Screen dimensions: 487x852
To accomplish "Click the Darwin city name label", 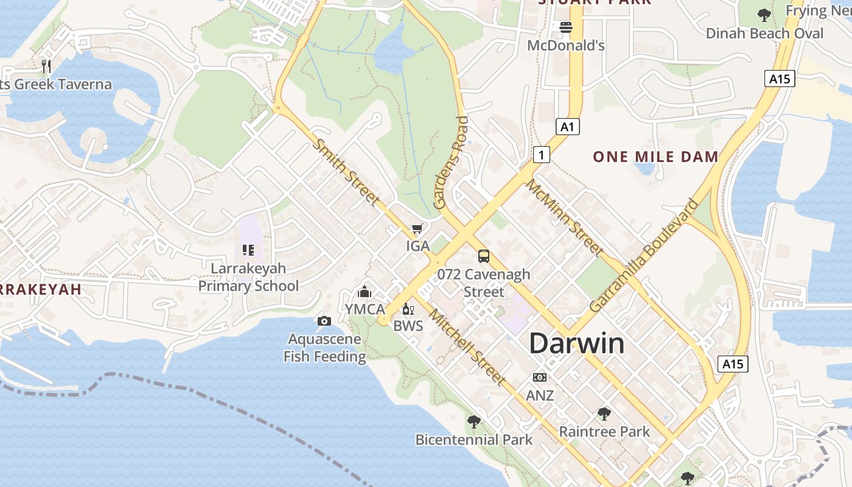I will (576, 343).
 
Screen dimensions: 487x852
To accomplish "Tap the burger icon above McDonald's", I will (566, 27).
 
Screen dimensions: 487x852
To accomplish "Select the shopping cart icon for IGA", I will (417, 229).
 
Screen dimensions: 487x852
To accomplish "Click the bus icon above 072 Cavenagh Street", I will (484, 256).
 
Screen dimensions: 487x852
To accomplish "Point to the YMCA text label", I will (365, 309).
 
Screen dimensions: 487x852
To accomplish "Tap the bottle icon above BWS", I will (408, 309).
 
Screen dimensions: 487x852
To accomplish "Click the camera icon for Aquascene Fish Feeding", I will (324, 321).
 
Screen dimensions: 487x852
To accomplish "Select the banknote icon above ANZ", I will (540, 377).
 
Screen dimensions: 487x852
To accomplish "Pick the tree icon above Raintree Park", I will (604, 414).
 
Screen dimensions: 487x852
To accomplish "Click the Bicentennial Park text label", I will (473, 440).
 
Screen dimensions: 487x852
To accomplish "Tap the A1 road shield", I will (567, 127).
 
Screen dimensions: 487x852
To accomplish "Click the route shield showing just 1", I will (541, 155).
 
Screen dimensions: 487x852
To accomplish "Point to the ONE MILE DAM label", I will (655, 156).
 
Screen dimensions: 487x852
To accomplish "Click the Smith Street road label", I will (346, 172).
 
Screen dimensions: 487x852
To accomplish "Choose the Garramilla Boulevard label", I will (644, 256).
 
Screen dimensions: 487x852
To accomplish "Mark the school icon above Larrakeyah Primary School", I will (248, 250).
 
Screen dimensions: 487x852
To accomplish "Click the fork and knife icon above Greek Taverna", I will (46, 66).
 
